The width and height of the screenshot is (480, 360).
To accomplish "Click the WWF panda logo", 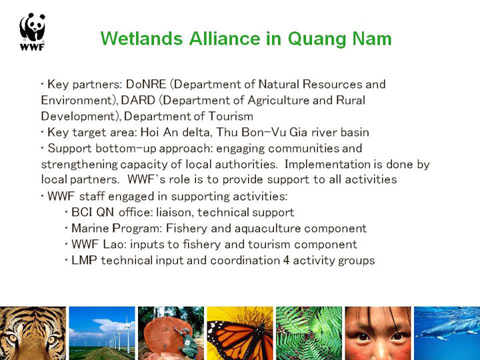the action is coord(32,31).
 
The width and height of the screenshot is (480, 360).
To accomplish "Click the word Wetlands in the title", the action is coord(141,39).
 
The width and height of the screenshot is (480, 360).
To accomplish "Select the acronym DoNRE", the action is coord(146,84).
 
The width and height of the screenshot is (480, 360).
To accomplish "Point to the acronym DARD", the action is coord(138,100).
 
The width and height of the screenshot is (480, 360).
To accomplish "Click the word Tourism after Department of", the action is coord(231,116).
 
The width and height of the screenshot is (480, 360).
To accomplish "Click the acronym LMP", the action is coord(84,260).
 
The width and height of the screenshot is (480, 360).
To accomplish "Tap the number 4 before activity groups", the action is coord(286,261).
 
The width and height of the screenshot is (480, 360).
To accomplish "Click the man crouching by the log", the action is coord(187,343).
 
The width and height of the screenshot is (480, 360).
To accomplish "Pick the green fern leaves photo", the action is coord(309,333).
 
